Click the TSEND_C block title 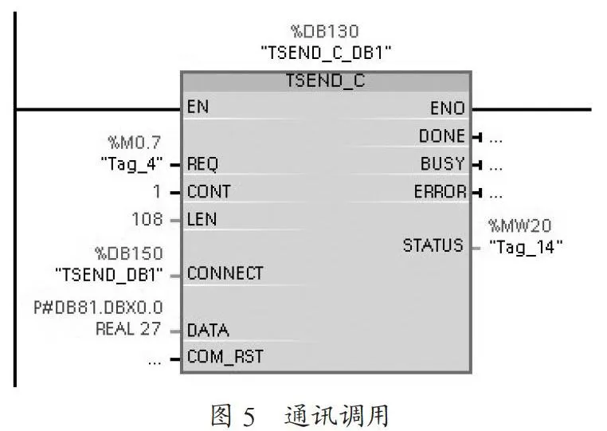(x=325, y=80)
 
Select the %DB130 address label (x=325, y=31)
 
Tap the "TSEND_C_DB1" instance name (x=326, y=53)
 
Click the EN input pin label (x=198, y=107)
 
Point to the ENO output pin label (x=448, y=108)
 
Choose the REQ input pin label (x=202, y=164)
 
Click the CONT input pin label (x=209, y=192)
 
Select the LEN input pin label (x=202, y=220)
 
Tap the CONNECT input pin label (x=225, y=273)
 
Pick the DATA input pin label (x=208, y=331)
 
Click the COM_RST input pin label (x=225, y=357)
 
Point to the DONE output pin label (x=442, y=136)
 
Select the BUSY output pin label (x=442, y=164)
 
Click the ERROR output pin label (x=441, y=192)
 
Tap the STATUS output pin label (x=433, y=245)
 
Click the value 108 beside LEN (x=147, y=219)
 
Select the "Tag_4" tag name (x=131, y=164)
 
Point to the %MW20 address (x=519, y=225)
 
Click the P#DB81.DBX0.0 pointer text (x=98, y=308)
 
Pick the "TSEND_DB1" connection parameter (x=109, y=275)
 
